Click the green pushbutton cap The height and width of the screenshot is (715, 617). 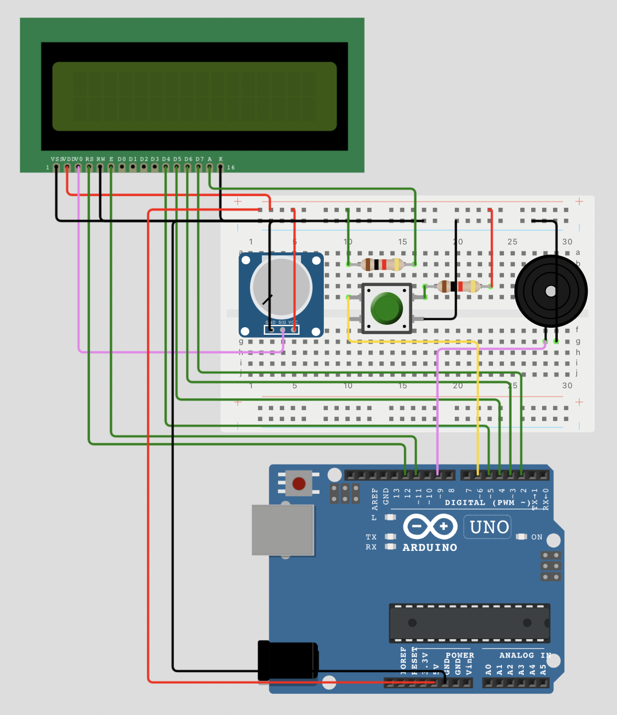[386, 307]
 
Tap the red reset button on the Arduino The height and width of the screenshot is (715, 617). [299, 483]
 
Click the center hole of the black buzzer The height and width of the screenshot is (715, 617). [551, 292]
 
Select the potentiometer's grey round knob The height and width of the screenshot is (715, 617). [281, 288]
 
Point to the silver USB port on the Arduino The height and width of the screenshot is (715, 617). [283, 530]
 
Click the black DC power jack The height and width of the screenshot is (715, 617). [288, 660]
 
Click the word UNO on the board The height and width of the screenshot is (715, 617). [489, 527]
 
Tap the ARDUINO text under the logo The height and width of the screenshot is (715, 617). [430, 547]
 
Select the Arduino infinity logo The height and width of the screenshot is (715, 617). [430, 527]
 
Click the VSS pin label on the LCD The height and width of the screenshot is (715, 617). [56, 159]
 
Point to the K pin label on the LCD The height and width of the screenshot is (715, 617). [221, 159]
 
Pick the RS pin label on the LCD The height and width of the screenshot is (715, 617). [89, 159]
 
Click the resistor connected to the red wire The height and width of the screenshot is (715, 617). [459, 286]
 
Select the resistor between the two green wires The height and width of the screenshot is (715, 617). [381, 264]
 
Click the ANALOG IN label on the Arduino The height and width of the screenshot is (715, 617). [525, 655]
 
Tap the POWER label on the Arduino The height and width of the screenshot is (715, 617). [460, 655]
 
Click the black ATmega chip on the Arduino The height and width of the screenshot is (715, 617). [469, 623]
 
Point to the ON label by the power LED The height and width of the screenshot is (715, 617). [537, 537]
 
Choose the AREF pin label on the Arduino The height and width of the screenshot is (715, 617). [375, 499]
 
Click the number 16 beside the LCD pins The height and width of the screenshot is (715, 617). [231, 168]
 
